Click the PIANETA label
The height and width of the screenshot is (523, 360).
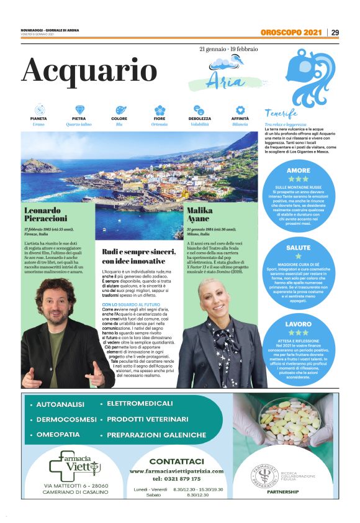coord(38,118)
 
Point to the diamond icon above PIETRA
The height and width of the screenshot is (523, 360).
coord(79,109)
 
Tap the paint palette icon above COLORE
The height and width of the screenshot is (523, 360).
coord(119,109)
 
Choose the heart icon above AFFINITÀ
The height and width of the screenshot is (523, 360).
coord(240,109)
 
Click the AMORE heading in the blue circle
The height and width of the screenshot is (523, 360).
coord(299,170)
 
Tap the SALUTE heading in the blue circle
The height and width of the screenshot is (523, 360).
coord(299,247)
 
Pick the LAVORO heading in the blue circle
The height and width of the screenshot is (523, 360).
coord(299,324)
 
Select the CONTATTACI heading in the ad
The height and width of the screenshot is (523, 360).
coord(176,462)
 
